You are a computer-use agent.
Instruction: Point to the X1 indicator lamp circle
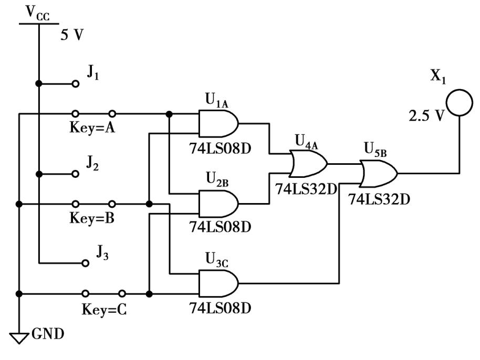point(458,103)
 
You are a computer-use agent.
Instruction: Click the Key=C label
point(104,309)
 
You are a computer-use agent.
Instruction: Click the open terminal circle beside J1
point(76,83)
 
